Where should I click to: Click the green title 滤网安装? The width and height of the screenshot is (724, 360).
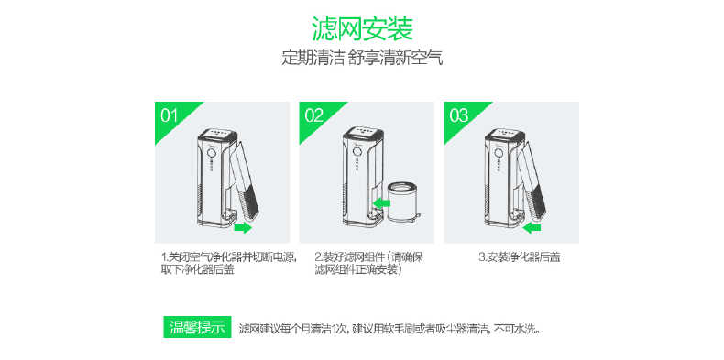pyautogui.click(x=361, y=27)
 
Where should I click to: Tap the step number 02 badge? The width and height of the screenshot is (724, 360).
pyautogui.click(x=314, y=115)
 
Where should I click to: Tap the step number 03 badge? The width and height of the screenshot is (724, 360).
pyautogui.click(x=459, y=115)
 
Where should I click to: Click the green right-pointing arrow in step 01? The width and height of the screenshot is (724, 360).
pyautogui.click(x=242, y=226)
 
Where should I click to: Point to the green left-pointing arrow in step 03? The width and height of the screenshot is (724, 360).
pyautogui.click(x=532, y=226)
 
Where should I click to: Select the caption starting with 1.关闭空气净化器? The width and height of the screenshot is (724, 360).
pyautogui.click(x=228, y=263)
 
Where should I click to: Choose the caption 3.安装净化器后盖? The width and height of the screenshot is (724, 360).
pyautogui.click(x=520, y=257)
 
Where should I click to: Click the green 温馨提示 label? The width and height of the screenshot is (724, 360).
pyautogui.click(x=196, y=327)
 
